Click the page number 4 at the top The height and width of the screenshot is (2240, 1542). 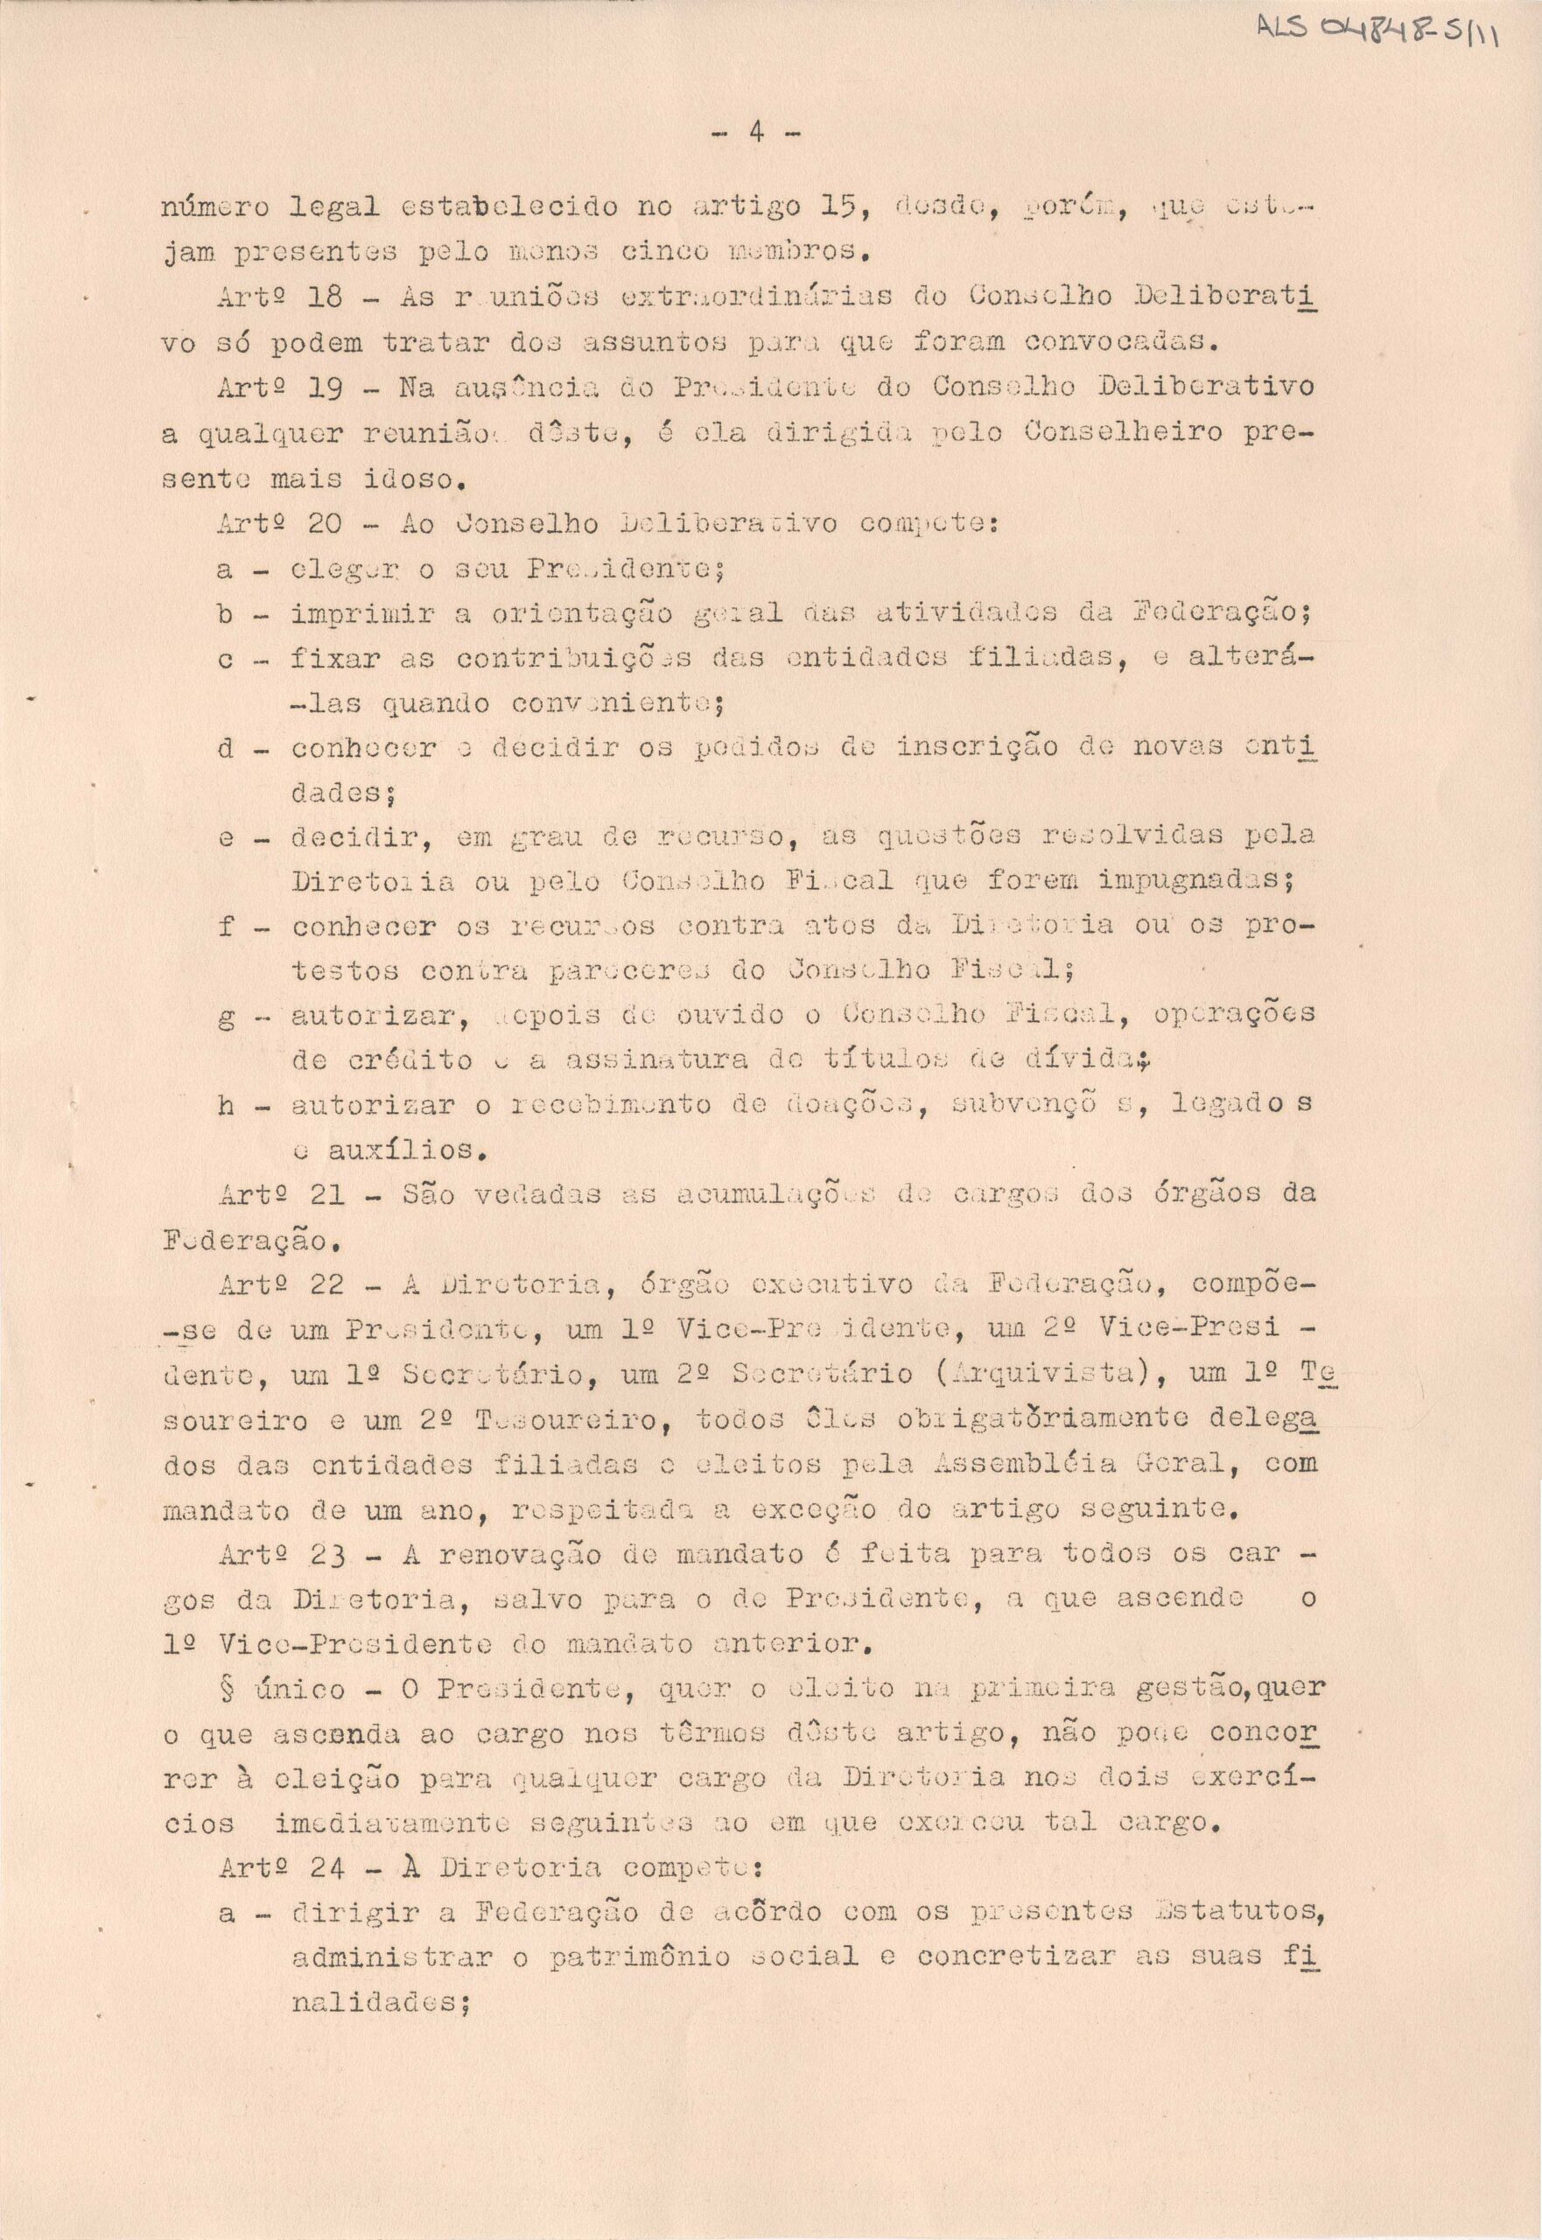point(756,132)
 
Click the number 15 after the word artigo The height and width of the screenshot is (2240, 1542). point(843,206)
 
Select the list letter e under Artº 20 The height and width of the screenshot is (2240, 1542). point(225,836)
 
